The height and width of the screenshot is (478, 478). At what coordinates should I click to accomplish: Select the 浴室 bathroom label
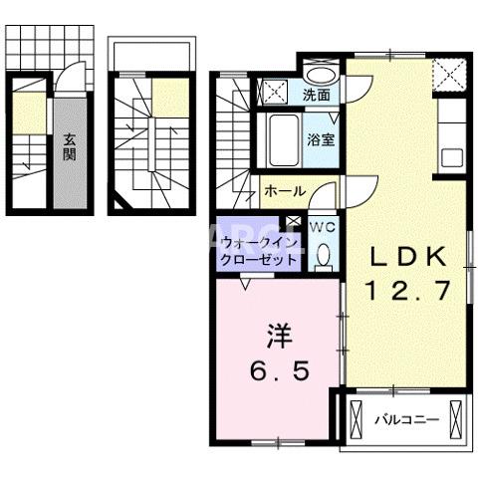[321, 140]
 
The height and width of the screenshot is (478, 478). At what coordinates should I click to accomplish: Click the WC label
[321, 227]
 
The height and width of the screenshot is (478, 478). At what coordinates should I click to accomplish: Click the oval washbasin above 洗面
[319, 76]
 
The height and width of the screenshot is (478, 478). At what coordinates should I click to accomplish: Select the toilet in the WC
[323, 256]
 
